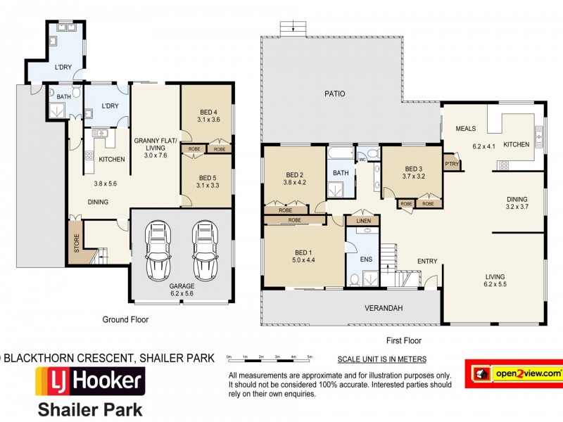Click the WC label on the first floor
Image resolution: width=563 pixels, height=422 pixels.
pos(362,160)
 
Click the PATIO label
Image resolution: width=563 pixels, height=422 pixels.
pos(334,94)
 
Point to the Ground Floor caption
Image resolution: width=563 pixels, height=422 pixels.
pos(125,319)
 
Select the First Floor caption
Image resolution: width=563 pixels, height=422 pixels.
pos(403,340)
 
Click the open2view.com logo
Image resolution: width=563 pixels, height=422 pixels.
pos(513,373)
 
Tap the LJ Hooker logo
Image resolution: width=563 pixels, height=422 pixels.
pos(90,383)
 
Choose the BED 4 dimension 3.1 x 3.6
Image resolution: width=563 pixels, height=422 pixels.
pos(209,120)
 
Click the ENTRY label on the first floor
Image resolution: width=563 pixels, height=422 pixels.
pos(426,262)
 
